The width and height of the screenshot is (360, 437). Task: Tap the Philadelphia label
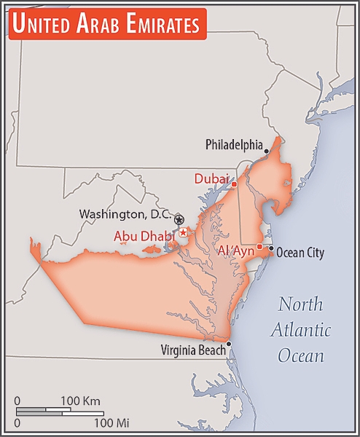pyautogui.click(x=233, y=144)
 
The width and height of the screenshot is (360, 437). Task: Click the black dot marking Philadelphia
pyautogui.click(x=267, y=151)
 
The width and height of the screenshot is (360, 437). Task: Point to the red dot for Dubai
pyautogui.click(x=234, y=184)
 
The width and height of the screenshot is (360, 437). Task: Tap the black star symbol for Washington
pyautogui.click(x=179, y=219)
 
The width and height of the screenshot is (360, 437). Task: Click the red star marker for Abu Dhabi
pyautogui.click(x=184, y=232)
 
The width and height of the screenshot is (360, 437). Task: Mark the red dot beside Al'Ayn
pyautogui.click(x=259, y=246)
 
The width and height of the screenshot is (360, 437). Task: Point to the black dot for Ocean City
pyautogui.click(x=271, y=248)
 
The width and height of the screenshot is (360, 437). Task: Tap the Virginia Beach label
pyautogui.click(x=192, y=350)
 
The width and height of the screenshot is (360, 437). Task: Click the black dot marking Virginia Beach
pyautogui.click(x=229, y=344)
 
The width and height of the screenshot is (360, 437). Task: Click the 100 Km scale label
pyautogui.click(x=80, y=401)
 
